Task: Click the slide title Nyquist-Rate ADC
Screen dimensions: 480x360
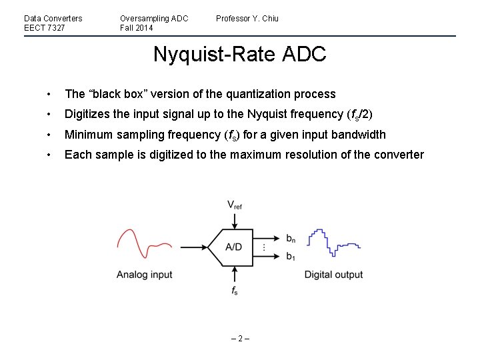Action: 239,54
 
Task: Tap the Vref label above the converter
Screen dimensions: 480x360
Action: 234,205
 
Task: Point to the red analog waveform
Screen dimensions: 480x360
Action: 144,245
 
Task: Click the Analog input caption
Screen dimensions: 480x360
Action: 144,275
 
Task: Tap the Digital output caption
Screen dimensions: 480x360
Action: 333,275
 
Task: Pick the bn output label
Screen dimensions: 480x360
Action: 291,238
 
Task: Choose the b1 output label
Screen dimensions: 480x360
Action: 290,256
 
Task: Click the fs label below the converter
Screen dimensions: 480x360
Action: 234,291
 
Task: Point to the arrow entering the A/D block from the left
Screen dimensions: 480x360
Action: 193,247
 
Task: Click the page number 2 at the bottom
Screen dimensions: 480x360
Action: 239,338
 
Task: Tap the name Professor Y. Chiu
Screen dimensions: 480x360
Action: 247,19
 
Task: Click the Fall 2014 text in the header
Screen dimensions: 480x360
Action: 136,28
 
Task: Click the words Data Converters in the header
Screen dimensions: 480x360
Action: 53,19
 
